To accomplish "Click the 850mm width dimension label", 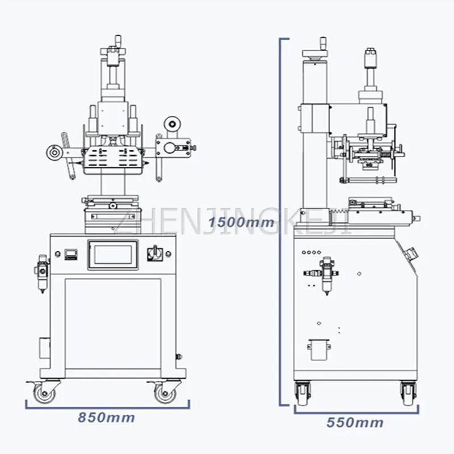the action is click(x=106, y=418).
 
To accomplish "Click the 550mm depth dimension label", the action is click(x=355, y=422).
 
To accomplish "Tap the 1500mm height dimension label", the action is click(x=241, y=222).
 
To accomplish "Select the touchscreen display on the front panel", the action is click(x=113, y=255).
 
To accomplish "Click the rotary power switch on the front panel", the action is click(x=155, y=254).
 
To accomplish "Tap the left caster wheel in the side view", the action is click(x=302, y=393).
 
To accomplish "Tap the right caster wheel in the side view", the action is click(x=409, y=393).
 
